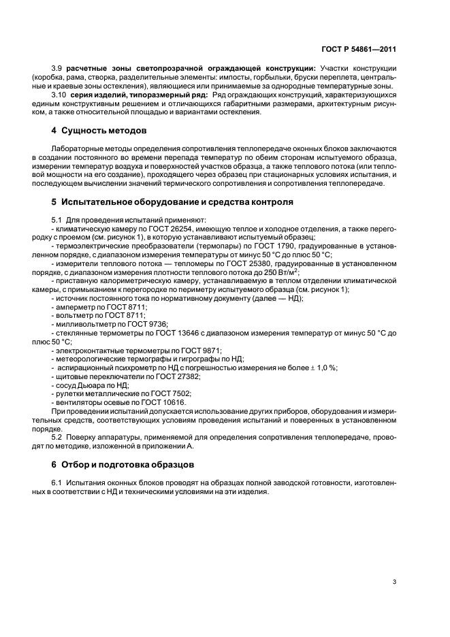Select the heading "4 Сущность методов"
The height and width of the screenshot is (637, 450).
(99, 130)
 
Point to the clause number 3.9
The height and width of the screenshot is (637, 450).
(57, 69)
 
